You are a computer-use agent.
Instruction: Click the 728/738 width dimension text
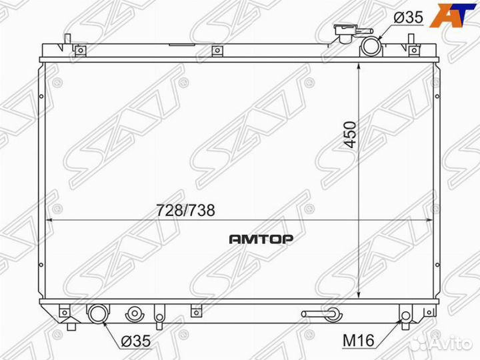click(186, 210)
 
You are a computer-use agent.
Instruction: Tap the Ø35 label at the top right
click(409, 18)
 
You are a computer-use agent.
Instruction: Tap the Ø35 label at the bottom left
click(136, 341)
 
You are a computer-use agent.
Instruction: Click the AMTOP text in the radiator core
click(261, 238)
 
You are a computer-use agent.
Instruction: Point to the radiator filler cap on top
click(345, 33)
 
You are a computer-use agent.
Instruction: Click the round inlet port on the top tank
click(371, 47)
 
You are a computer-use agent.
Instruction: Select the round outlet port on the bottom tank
click(99, 313)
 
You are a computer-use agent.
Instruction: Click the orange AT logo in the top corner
click(453, 15)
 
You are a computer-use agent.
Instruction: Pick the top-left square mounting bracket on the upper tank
click(79, 50)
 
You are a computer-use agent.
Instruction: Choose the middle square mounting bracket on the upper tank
click(215, 51)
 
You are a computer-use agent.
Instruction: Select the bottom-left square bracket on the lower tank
click(65, 311)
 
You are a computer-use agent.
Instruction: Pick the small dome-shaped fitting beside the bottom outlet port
click(136, 313)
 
